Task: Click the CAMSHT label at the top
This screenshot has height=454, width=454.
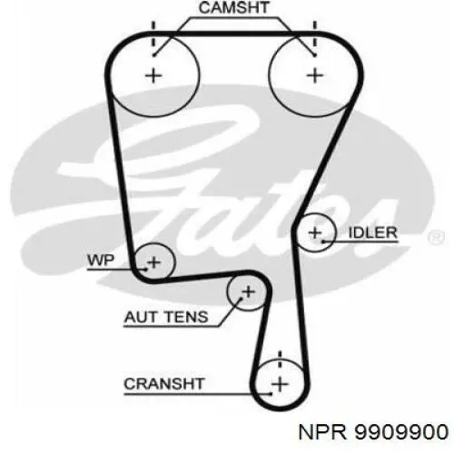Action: (x=233, y=7)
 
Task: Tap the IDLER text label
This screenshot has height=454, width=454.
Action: (x=373, y=232)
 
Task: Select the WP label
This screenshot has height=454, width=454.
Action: (x=101, y=261)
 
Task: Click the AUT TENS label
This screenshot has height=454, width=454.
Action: (x=166, y=317)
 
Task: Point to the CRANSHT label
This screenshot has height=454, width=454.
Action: (x=164, y=384)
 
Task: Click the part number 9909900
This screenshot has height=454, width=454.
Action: (x=401, y=431)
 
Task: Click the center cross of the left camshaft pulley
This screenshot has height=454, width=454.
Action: (x=153, y=75)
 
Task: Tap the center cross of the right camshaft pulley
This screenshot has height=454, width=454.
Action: (x=315, y=75)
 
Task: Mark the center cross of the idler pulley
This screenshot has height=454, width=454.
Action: (x=315, y=232)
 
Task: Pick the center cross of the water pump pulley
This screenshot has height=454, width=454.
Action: (x=154, y=262)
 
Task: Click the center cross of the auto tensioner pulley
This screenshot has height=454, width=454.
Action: (x=248, y=291)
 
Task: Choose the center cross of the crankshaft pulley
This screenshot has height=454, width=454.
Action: (x=280, y=384)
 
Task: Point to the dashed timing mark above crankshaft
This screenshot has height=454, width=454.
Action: (x=280, y=359)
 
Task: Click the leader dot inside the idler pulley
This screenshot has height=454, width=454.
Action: (x=323, y=242)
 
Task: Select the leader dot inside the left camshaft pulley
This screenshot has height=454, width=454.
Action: (x=154, y=55)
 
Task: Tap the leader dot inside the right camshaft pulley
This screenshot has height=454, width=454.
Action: (x=315, y=55)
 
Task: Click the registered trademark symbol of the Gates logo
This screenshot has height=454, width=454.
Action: (x=436, y=237)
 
